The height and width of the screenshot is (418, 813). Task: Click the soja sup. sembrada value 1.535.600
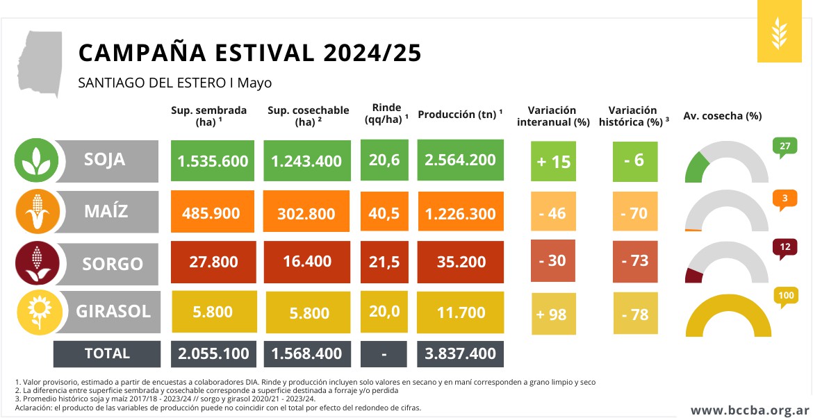tap(213, 160)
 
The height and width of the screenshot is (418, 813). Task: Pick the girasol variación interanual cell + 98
tap(553, 314)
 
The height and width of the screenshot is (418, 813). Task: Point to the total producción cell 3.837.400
tap(460, 353)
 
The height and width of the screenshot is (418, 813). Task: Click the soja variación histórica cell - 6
tap(634, 160)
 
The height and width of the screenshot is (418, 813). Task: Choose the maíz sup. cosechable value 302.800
tap(306, 212)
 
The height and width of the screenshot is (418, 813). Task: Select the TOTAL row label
tap(107, 353)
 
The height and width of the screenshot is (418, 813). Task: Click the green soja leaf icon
tap(35, 160)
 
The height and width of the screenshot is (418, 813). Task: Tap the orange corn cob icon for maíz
tap(35, 211)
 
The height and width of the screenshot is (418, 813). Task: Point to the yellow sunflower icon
tap(35, 312)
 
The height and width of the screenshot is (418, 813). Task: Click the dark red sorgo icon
tap(35, 262)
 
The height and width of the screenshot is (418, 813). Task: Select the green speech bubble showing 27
tap(785, 147)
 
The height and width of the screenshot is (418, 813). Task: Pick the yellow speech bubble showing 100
tap(786, 296)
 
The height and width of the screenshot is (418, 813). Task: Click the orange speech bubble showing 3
tap(785, 199)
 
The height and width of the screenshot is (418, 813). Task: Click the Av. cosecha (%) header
tap(723, 115)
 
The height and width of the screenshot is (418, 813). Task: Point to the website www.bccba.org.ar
tap(750, 410)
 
